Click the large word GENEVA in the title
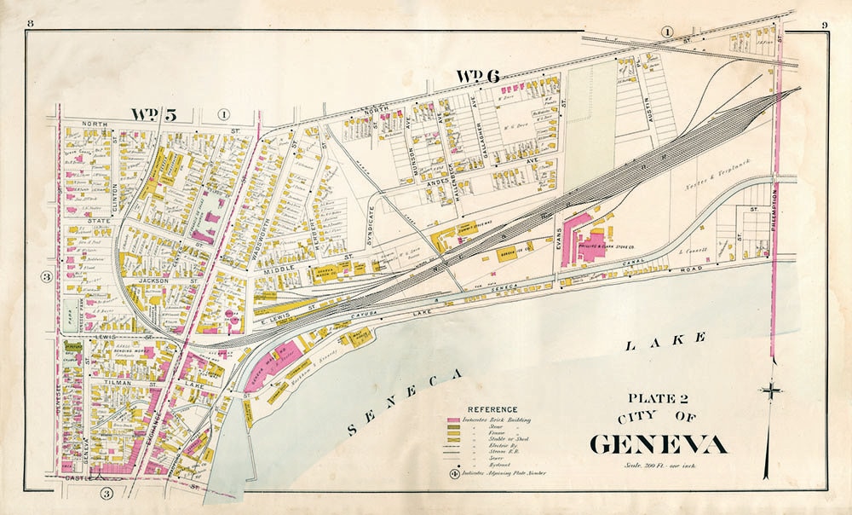(659, 444)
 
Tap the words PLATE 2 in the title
(658, 398)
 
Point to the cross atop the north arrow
(772, 391)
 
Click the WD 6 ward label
(477, 76)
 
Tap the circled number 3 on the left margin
(47, 276)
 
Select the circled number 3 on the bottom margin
(106, 493)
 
